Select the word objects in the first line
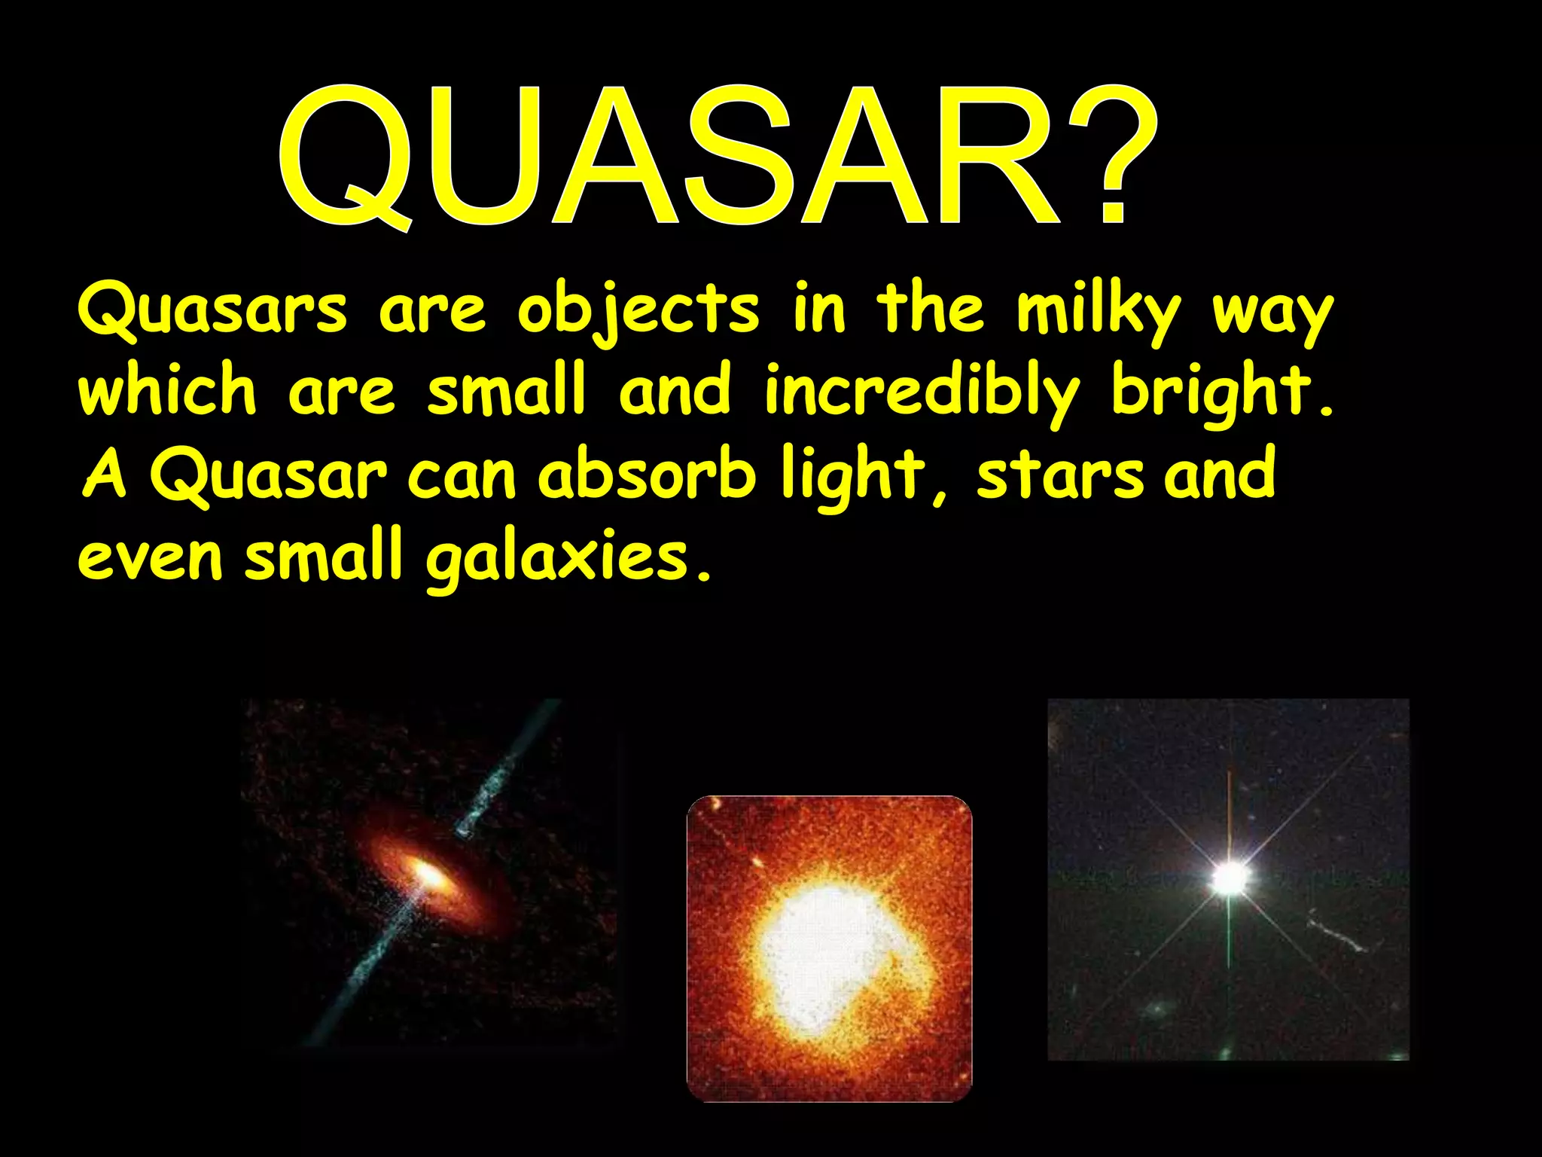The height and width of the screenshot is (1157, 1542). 638,311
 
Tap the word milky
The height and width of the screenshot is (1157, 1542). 1097,311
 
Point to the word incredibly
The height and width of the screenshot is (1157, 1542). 921,392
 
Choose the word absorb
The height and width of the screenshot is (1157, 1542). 646,474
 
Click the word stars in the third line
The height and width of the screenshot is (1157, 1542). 1060,475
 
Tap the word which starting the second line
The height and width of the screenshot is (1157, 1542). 167,391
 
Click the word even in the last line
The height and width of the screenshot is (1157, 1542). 151,560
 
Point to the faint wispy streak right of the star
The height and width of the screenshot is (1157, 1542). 1336,933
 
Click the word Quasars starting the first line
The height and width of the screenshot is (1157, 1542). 212,311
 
